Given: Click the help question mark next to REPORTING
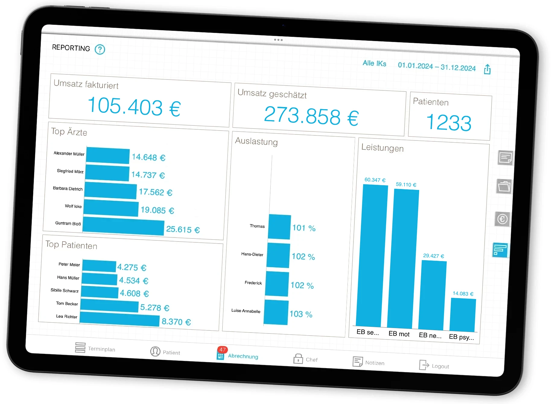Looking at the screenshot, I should click(100, 49).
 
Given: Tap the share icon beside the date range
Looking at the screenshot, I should click(487, 69).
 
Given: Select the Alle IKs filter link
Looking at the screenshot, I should click(374, 63).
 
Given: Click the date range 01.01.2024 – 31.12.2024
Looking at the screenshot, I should click(436, 67).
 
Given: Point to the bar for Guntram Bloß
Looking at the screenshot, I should click(123, 226).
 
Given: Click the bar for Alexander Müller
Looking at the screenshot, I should click(108, 156).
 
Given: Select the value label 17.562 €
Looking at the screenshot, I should click(155, 192).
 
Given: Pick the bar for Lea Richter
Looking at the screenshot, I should click(119, 319).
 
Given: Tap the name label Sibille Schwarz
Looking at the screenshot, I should click(65, 291).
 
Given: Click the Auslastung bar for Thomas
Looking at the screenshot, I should click(279, 227).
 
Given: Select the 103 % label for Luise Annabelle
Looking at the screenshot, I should click(301, 314).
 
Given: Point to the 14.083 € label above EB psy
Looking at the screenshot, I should click(463, 294).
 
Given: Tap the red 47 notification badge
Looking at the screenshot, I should click(223, 350).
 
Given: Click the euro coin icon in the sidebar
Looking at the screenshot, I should click(502, 219).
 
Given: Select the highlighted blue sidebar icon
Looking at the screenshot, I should click(500, 250).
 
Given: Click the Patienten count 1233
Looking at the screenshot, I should click(449, 123).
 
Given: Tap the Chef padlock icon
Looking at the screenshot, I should click(298, 359).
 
